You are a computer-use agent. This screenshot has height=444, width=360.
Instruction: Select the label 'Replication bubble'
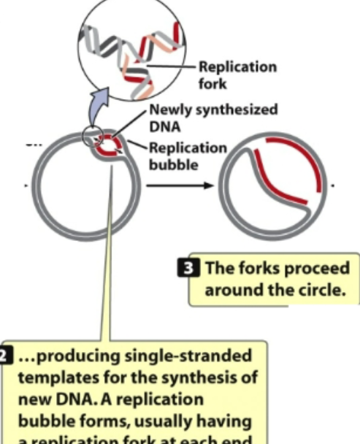pyautogui.click(x=188, y=156)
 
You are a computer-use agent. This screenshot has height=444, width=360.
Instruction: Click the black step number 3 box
pyautogui.click(x=196, y=267)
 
